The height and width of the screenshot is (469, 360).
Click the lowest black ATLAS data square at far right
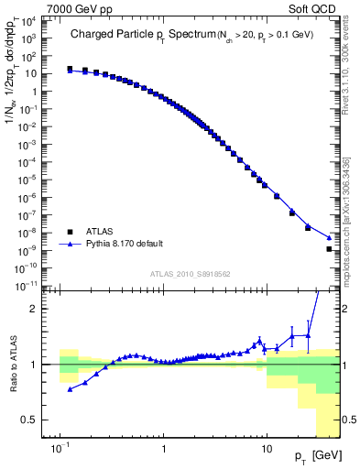pyautogui.click(x=329, y=249)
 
